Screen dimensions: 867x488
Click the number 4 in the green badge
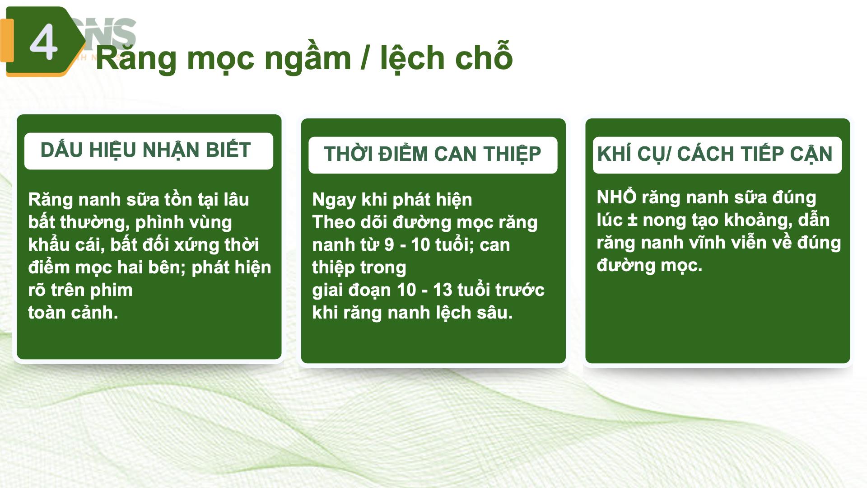coord(43,42)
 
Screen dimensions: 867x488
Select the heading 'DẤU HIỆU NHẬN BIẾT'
coord(145,150)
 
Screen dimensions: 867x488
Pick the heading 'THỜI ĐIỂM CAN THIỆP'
coord(432,154)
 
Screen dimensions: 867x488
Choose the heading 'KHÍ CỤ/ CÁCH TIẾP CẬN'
coord(714,154)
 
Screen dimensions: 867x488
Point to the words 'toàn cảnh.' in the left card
coord(73,313)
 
